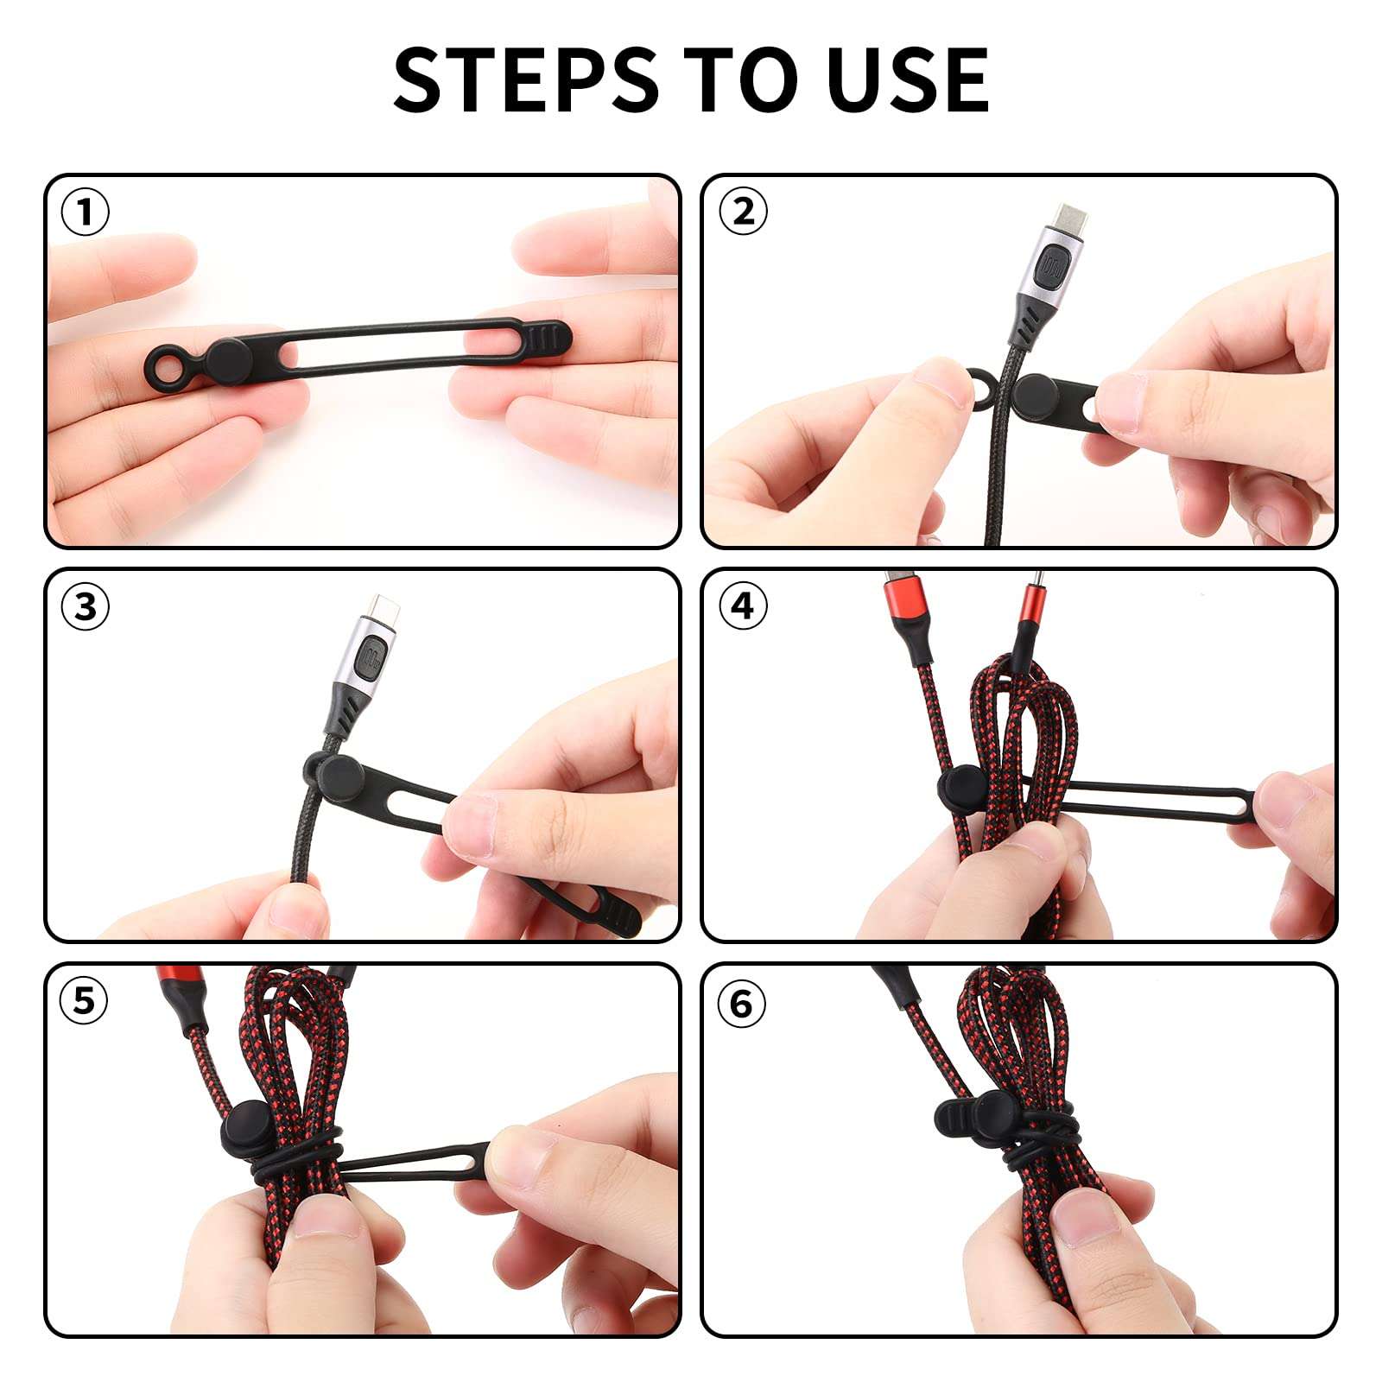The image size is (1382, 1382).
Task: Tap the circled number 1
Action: (x=86, y=212)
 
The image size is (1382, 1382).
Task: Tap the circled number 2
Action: (x=743, y=212)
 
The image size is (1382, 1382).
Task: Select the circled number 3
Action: (x=86, y=606)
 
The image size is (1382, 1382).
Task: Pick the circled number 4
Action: (x=743, y=606)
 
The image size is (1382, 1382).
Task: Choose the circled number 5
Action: (x=84, y=1001)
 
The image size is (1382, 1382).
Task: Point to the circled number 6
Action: (x=741, y=1004)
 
